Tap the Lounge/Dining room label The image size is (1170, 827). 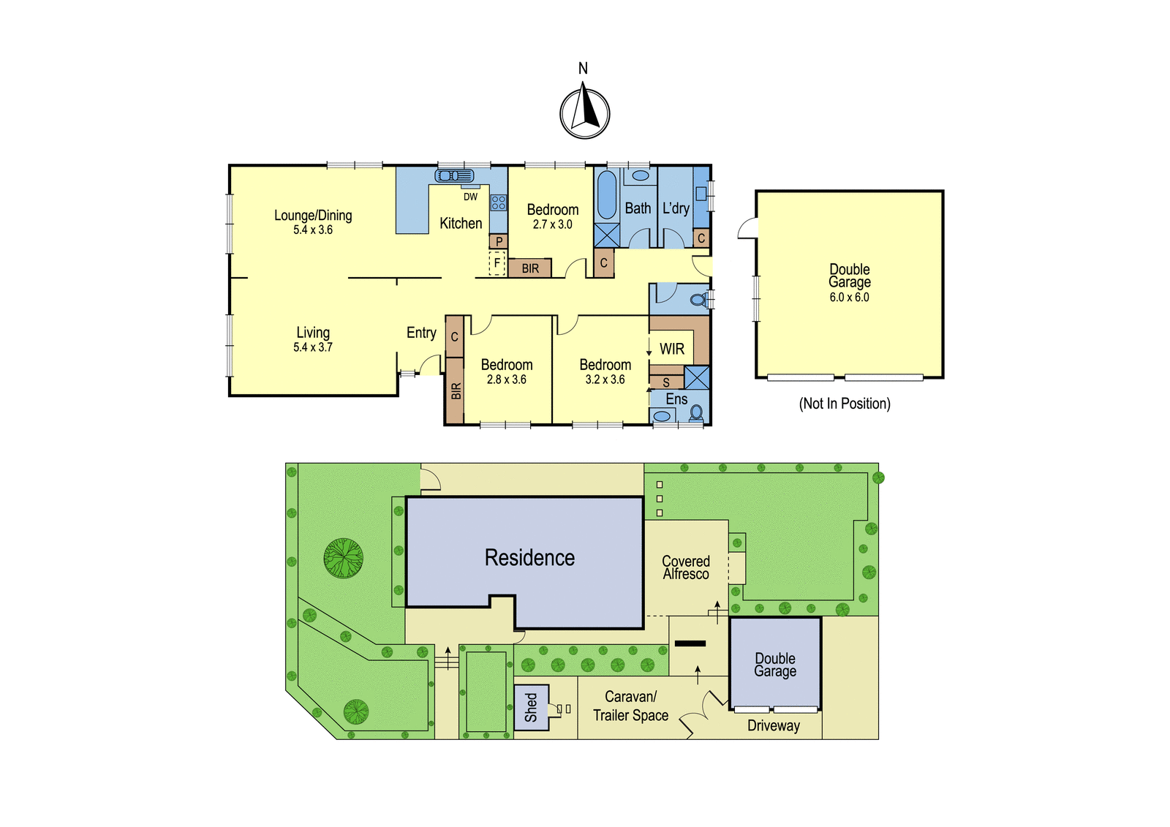(x=313, y=215)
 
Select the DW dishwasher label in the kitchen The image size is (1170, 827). (x=471, y=197)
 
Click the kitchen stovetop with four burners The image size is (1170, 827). (x=498, y=202)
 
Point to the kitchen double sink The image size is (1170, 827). (x=454, y=175)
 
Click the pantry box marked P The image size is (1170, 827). (x=499, y=241)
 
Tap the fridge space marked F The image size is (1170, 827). (x=497, y=263)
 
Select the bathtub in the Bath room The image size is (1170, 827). (x=606, y=195)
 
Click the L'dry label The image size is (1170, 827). (x=676, y=208)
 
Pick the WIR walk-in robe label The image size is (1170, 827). (x=672, y=349)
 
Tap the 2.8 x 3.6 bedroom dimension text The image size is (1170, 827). (x=506, y=379)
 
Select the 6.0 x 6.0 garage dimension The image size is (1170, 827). (x=849, y=298)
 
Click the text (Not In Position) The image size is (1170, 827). (x=845, y=404)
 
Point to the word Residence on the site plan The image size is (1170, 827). (x=529, y=558)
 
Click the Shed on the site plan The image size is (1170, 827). (x=531, y=707)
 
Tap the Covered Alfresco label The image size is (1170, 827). (x=686, y=567)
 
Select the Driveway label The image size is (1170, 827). (x=774, y=725)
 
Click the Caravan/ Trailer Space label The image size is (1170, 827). (x=630, y=706)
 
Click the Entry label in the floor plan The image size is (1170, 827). (x=421, y=333)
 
